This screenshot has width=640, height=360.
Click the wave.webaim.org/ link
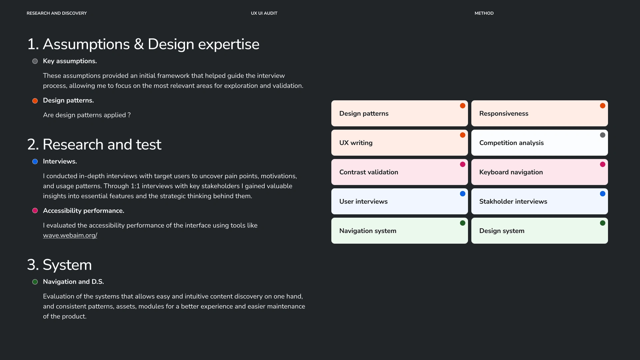pyautogui.click(x=70, y=235)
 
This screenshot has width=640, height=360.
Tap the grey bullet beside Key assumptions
pyautogui.click(x=35, y=61)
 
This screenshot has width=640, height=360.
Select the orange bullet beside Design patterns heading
pyautogui.click(x=35, y=101)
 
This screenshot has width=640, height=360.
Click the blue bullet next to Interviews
pyautogui.click(x=35, y=162)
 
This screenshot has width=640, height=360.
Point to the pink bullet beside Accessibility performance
pyautogui.click(x=35, y=211)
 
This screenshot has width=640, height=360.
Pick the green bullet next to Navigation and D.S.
pyautogui.click(x=35, y=282)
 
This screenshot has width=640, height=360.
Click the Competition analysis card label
pyautogui.click(x=511, y=143)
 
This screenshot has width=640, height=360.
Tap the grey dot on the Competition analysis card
pyautogui.click(x=603, y=135)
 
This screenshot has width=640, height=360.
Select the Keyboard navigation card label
pyautogui.click(x=511, y=172)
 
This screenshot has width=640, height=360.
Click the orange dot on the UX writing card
pyautogui.click(x=463, y=135)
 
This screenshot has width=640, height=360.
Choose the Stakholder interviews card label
pyautogui.click(x=513, y=202)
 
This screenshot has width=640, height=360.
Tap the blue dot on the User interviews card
pyautogui.click(x=463, y=194)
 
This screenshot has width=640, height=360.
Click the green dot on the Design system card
pyautogui.click(x=603, y=223)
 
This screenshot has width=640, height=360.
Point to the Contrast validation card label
pyautogui.click(x=369, y=172)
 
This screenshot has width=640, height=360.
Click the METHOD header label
pyautogui.click(x=484, y=13)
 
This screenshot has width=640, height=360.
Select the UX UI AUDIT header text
pyautogui.click(x=264, y=13)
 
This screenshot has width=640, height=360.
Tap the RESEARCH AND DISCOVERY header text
pyautogui.click(x=57, y=13)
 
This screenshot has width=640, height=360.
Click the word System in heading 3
pyautogui.click(x=67, y=265)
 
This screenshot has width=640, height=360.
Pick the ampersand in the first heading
pyautogui.click(x=139, y=44)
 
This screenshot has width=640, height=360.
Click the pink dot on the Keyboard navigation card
pyautogui.click(x=603, y=164)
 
